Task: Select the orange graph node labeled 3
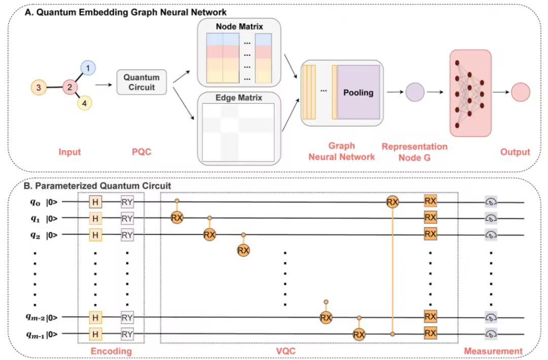pyautogui.click(x=38, y=88)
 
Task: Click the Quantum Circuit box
pyautogui.click(x=142, y=82)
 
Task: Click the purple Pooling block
pyautogui.click(x=358, y=93)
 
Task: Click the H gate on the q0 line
pyautogui.click(x=94, y=203)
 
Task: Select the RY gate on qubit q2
pyautogui.click(x=127, y=235)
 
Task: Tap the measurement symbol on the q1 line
pyautogui.click(x=491, y=219)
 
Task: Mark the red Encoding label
pyautogui.click(x=111, y=351)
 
